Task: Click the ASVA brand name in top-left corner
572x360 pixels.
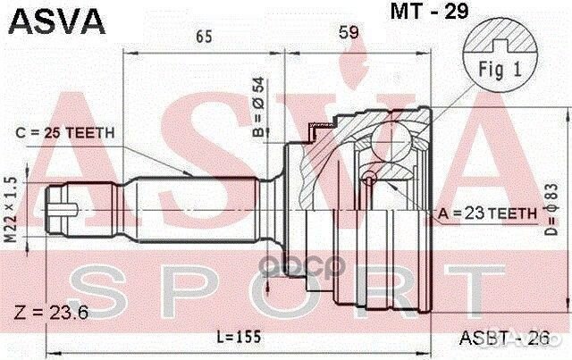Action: (x=55, y=19)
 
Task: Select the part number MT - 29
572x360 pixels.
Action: (x=422, y=14)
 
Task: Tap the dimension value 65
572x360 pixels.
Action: (x=203, y=37)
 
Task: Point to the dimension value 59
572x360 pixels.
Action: (x=348, y=35)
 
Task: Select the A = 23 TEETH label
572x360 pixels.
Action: (x=487, y=213)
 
